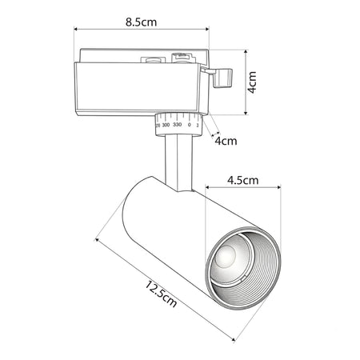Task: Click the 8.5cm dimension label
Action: pos(141,22)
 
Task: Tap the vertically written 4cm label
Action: pos(252,82)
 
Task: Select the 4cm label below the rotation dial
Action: pos(226,141)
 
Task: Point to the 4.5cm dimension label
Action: pos(243,180)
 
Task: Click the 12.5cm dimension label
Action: pos(161,294)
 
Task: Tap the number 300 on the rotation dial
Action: pos(166,125)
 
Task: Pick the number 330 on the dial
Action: pos(178,125)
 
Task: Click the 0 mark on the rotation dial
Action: pos(189,125)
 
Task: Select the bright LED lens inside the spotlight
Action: pos(226,257)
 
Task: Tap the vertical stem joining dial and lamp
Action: pos(178,162)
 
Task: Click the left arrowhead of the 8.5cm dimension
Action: pos(76,29)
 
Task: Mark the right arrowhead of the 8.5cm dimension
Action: pos(207,29)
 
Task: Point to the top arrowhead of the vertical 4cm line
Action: pos(246,52)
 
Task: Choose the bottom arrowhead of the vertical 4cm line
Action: pos(246,113)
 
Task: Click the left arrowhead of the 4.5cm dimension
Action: pos(207,187)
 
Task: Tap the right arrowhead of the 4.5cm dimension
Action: pos(278,187)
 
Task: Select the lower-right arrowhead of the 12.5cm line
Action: pos(233,339)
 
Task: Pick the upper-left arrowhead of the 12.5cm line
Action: pos(97,240)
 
